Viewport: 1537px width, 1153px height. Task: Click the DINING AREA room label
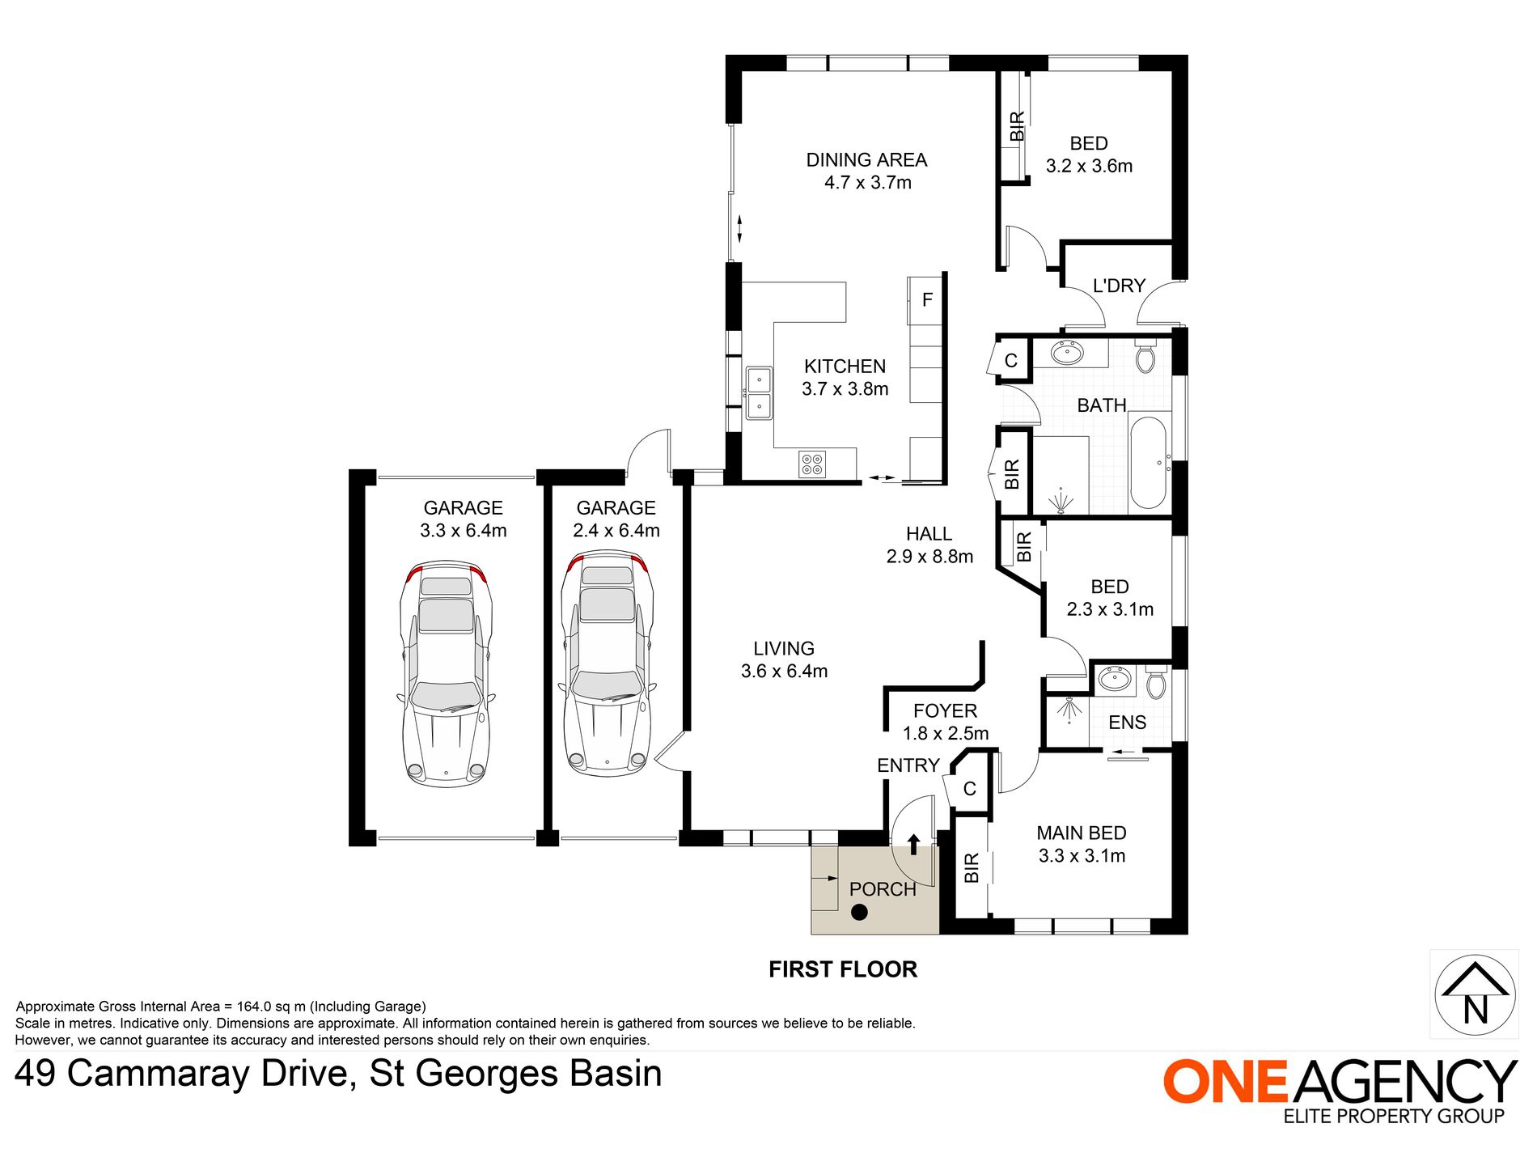tap(866, 160)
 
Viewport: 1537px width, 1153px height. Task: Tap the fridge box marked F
tap(927, 300)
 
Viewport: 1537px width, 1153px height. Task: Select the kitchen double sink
tap(758, 393)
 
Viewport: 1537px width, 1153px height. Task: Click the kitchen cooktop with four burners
tap(811, 464)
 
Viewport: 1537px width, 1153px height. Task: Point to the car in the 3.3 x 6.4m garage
tap(446, 674)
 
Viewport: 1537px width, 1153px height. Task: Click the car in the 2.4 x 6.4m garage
tap(607, 663)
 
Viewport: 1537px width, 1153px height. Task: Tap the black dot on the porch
tap(859, 913)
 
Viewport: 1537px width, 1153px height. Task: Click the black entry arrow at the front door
tap(913, 845)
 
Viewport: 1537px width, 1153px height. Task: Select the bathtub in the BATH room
tap(1147, 462)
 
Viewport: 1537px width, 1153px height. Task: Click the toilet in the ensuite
tap(1156, 683)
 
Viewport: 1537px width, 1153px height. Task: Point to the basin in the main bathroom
tap(1067, 354)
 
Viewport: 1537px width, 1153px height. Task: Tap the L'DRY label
tap(1119, 286)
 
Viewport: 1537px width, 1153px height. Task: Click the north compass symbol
tap(1475, 995)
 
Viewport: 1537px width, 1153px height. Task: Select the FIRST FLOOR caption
tap(842, 969)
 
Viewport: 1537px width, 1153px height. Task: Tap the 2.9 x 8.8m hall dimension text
tap(929, 557)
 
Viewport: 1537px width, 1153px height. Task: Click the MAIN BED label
tap(1081, 833)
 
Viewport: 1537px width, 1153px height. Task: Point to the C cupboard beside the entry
tap(969, 789)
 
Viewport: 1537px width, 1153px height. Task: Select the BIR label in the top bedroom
tap(1017, 126)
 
